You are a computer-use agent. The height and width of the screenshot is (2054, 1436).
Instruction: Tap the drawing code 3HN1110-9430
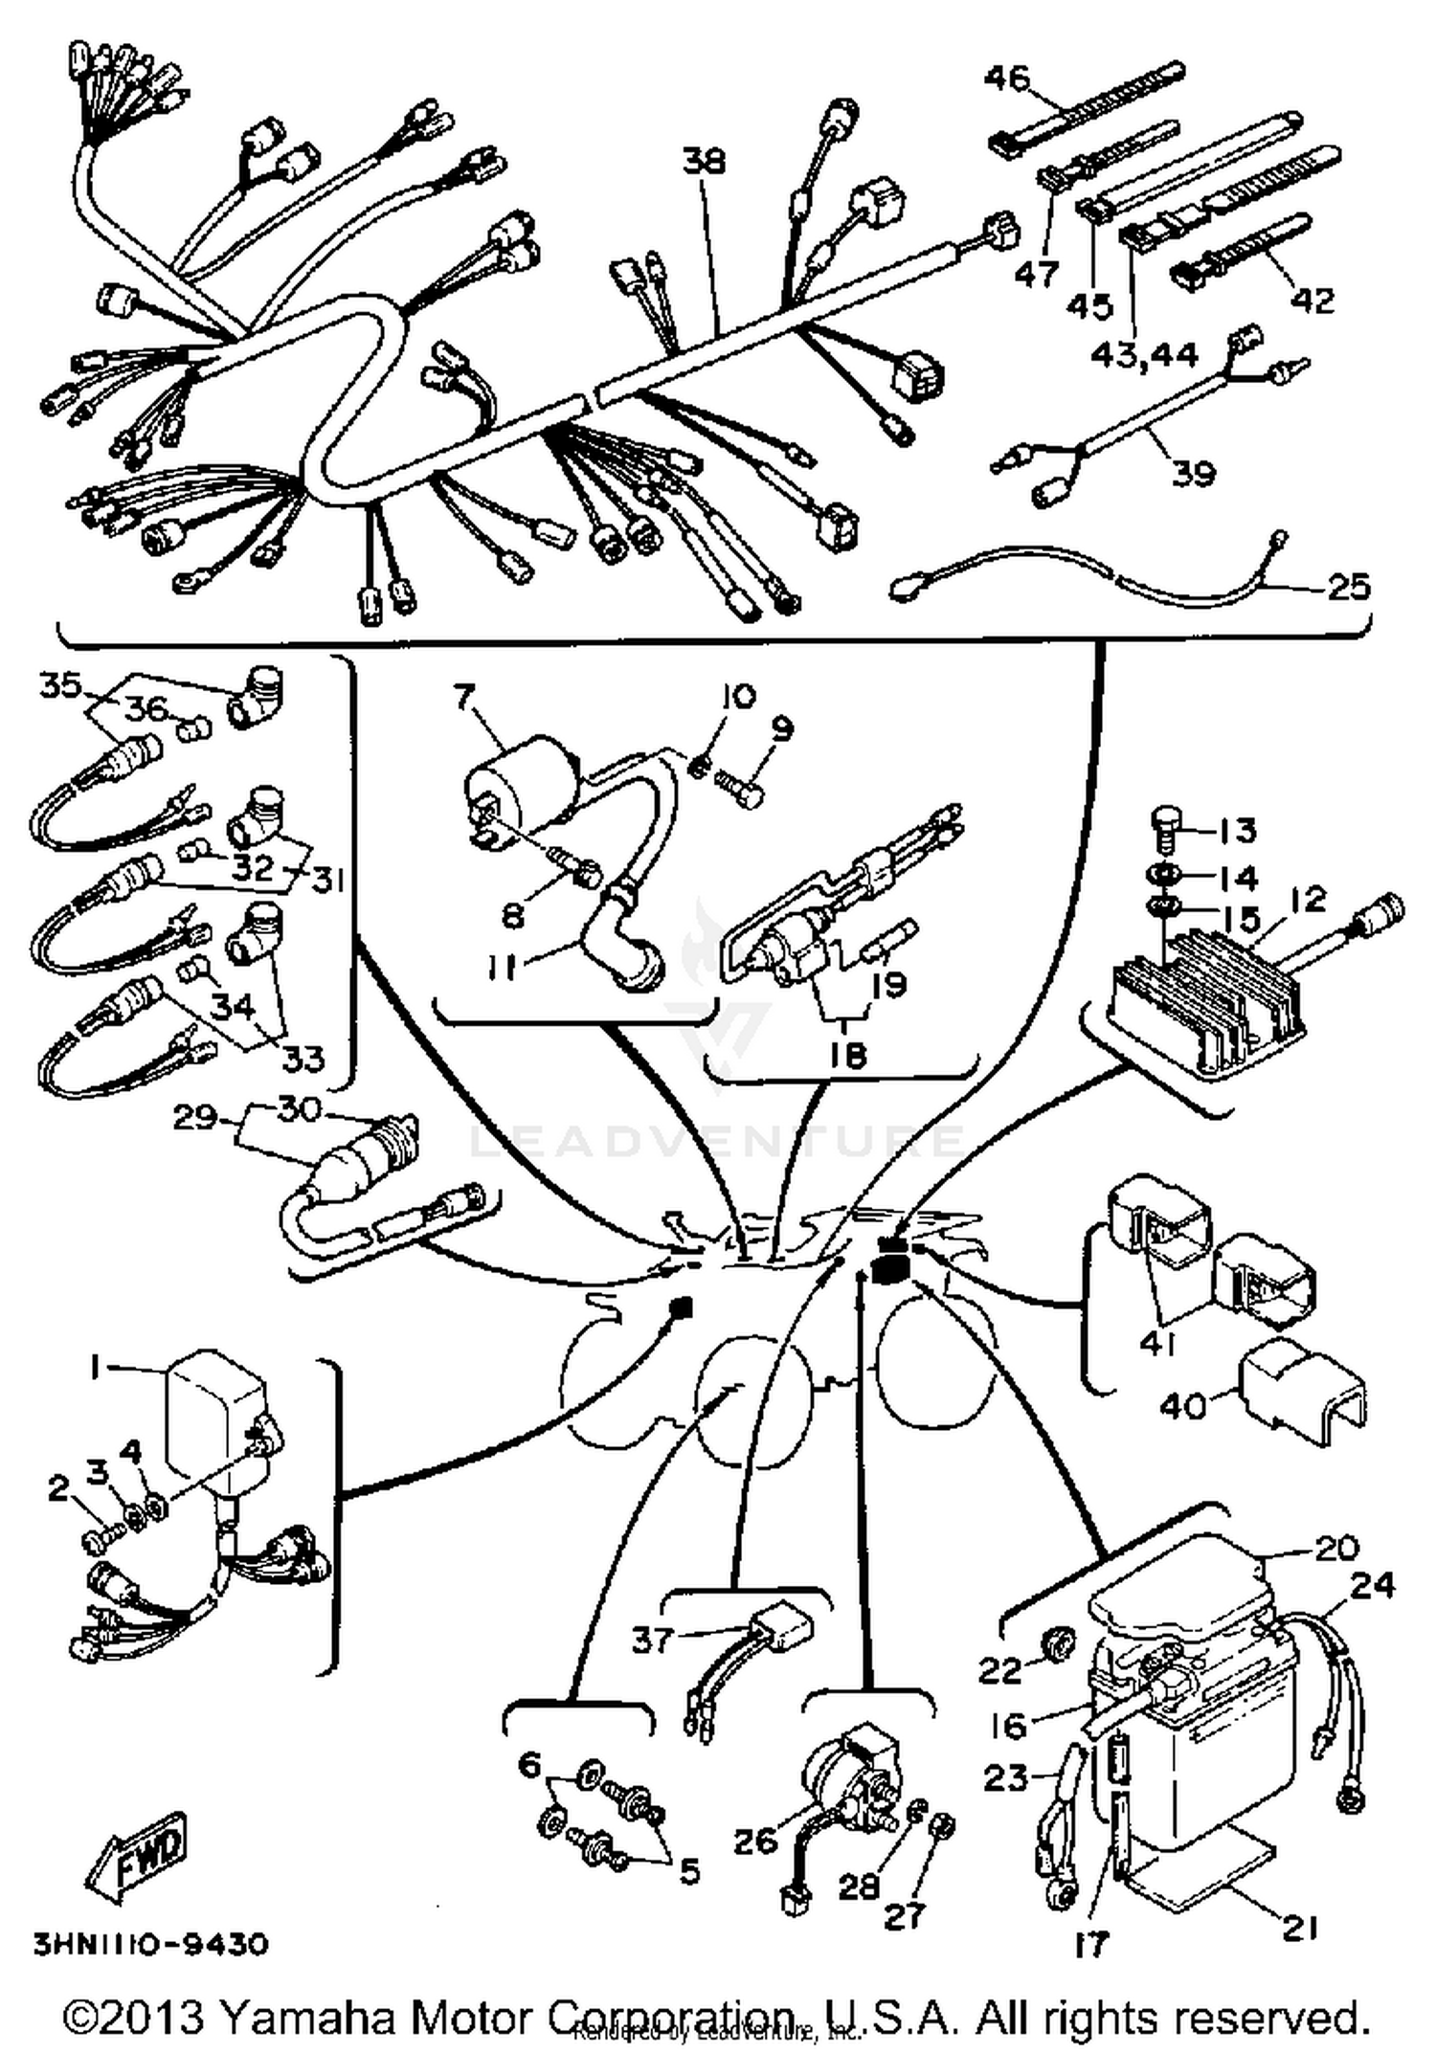(x=151, y=1944)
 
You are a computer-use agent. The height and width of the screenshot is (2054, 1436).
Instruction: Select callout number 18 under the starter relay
(x=847, y=1054)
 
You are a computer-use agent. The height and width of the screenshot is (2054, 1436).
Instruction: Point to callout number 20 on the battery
(x=1336, y=1548)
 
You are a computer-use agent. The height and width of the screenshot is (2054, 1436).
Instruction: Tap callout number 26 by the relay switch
(x=755, y=1839)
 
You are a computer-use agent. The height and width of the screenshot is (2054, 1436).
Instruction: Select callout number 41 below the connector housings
(x=1157, y=1344)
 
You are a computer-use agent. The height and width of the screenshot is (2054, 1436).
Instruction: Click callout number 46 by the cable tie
(x=1007, y=77)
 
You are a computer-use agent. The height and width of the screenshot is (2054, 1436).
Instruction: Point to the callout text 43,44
(x=1144, y=355)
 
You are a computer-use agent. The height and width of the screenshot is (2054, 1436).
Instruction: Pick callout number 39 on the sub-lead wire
(x=1193, y=473)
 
